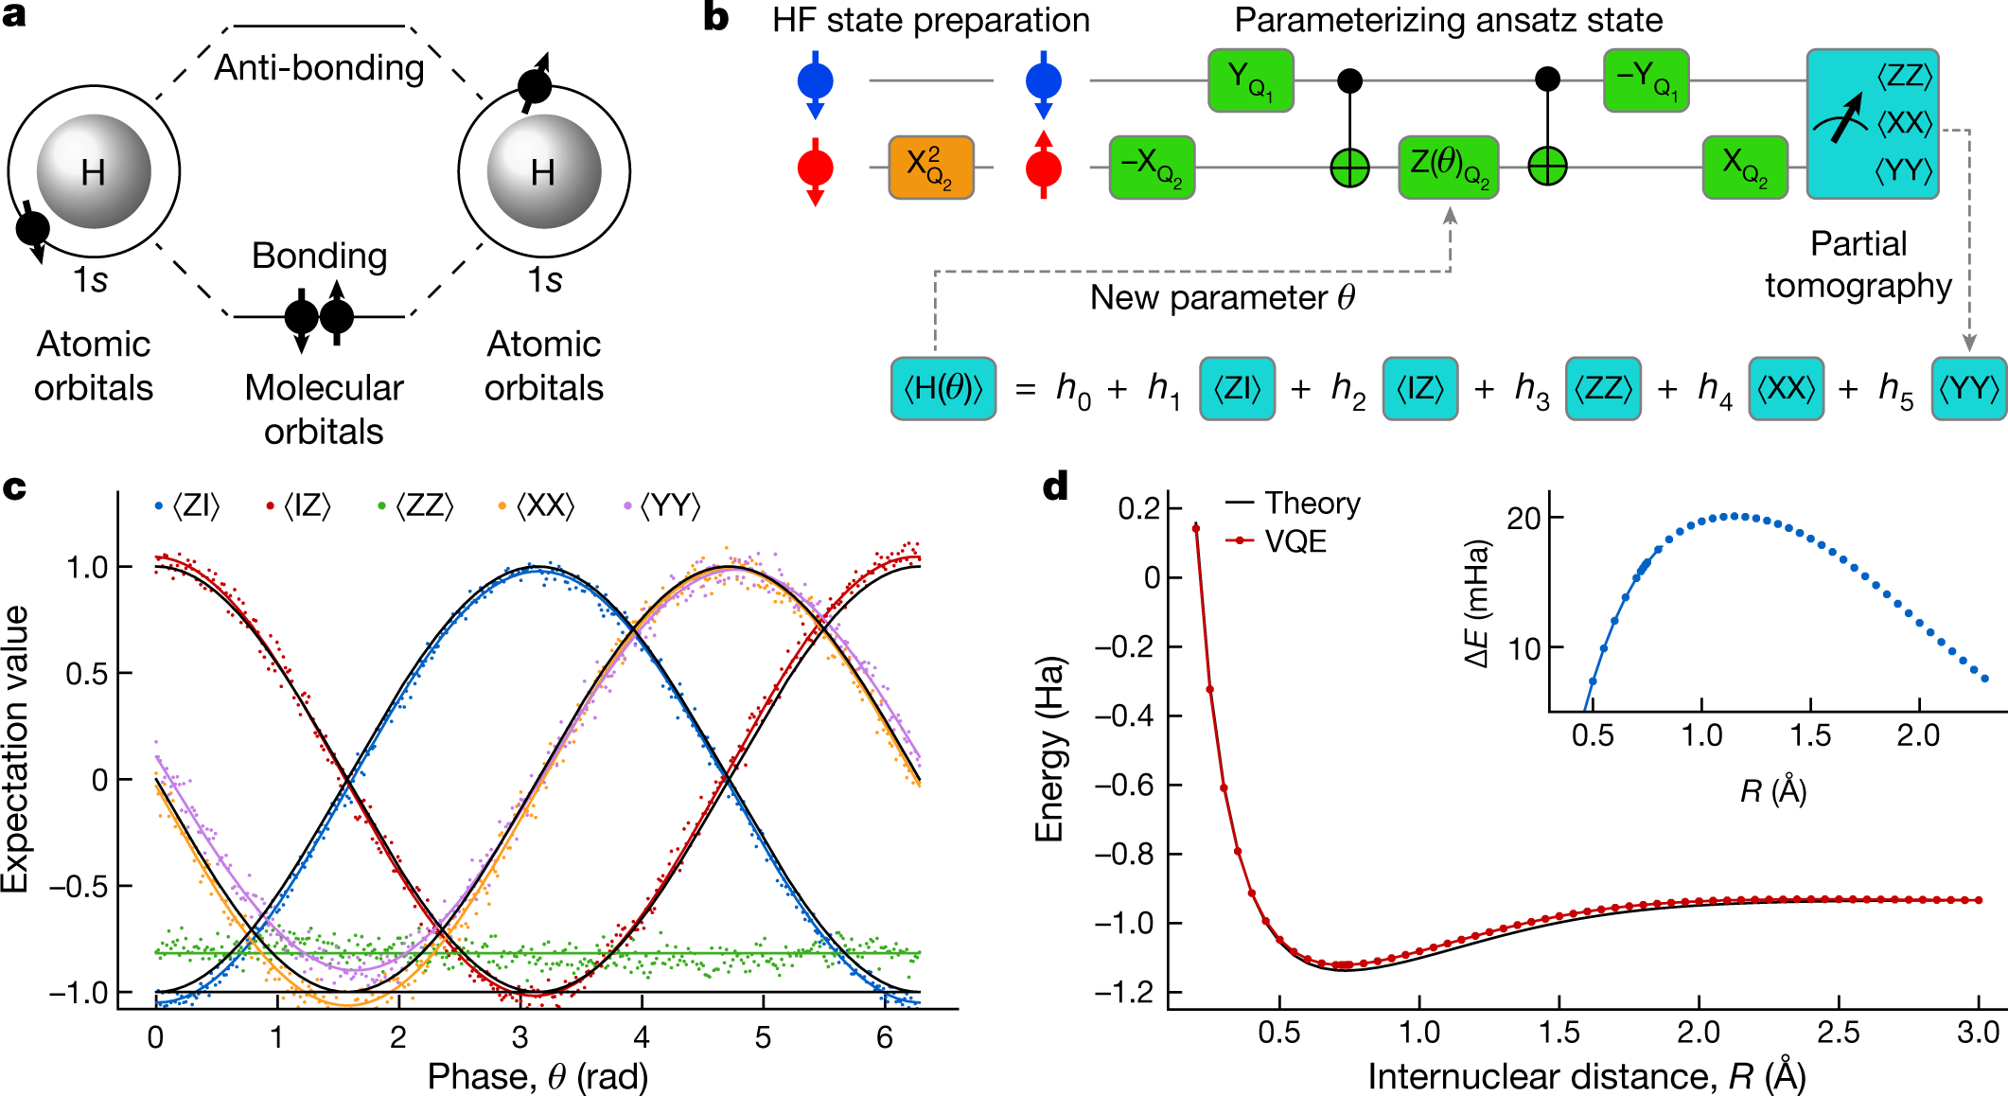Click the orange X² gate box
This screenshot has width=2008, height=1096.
click(x=930, y=168)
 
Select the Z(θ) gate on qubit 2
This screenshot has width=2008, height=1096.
click(x=1448, y=168)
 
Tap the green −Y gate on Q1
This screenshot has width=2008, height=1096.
click(x=1646, y=80)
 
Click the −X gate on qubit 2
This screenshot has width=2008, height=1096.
click(x=1151, y=168)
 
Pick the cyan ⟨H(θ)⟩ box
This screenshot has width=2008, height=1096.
click(x=942, y=388)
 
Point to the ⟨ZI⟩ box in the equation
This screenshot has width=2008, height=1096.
click(x=1237, y=388)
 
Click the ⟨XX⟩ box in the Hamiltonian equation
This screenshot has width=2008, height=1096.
click(x=1785, y=388)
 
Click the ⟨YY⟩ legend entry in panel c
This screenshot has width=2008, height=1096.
click(x=662, y=506)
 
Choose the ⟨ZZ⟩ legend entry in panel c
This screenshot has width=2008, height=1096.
click(x=416, y=506)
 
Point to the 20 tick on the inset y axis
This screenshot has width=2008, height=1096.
click(x=1524, y=519)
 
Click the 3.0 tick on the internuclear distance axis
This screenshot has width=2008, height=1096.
click(x=1977, y=1033)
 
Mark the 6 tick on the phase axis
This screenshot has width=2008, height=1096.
click(x=884, y=1038)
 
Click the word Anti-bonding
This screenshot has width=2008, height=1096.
click(x=319, y=68)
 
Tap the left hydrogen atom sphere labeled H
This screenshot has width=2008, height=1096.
click(x=94, y=171)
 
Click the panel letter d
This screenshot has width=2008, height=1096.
click(x=1055, y=487)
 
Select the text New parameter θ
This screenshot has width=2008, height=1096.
click(x=1222, y=297)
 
